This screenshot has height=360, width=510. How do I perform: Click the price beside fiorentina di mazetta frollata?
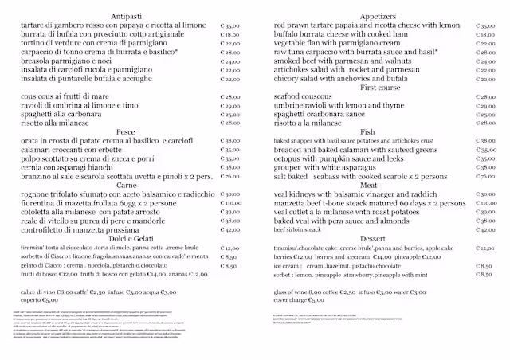(x=230, y=202)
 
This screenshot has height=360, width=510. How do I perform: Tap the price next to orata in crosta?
(x=230, y=140)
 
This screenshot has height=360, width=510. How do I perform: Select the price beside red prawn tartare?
(x=484, y=25)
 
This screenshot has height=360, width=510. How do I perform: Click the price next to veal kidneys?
(x=484, y=194)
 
